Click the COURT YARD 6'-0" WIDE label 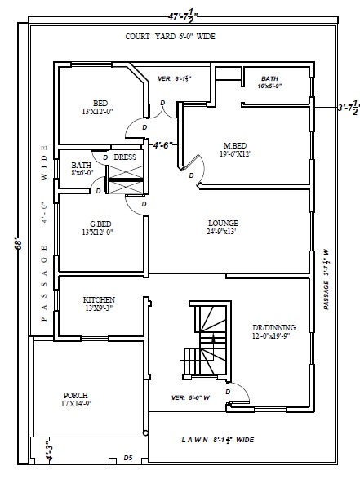[170, 37]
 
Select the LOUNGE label [223, 223]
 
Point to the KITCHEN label [99, 299]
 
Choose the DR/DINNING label [274, 327]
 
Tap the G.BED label [100, 224]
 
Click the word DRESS [124, 157]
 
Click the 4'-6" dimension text [164, 145]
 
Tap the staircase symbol [206, 340]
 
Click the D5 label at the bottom [127, 459]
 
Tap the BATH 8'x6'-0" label [81, 169]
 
